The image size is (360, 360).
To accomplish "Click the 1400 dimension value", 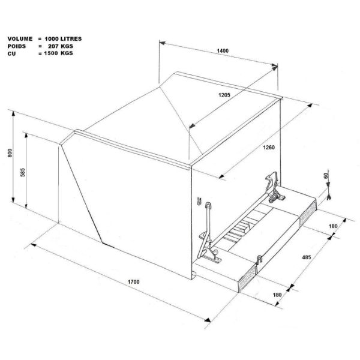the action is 223,51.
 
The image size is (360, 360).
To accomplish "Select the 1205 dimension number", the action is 224,95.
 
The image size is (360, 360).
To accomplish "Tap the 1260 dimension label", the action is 269,148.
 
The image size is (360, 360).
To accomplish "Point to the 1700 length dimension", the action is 134,282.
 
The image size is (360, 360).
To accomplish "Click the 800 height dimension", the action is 10,153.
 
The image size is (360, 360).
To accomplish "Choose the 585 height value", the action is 23,172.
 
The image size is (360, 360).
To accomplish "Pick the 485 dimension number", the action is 307,257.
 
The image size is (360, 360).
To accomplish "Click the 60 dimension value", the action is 326,176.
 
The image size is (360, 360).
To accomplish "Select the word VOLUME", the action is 20,39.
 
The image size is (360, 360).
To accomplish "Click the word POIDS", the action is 17,46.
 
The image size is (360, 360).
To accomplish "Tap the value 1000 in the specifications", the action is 52,39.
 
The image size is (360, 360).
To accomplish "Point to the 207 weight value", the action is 53,46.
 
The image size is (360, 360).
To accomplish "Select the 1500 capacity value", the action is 51,53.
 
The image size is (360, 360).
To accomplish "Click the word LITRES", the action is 71,39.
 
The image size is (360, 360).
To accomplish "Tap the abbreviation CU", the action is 12,54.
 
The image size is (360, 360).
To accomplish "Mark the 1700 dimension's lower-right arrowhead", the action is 208,320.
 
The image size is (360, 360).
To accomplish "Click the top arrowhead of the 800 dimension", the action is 13,114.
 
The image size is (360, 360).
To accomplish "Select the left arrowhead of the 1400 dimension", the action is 162,43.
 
